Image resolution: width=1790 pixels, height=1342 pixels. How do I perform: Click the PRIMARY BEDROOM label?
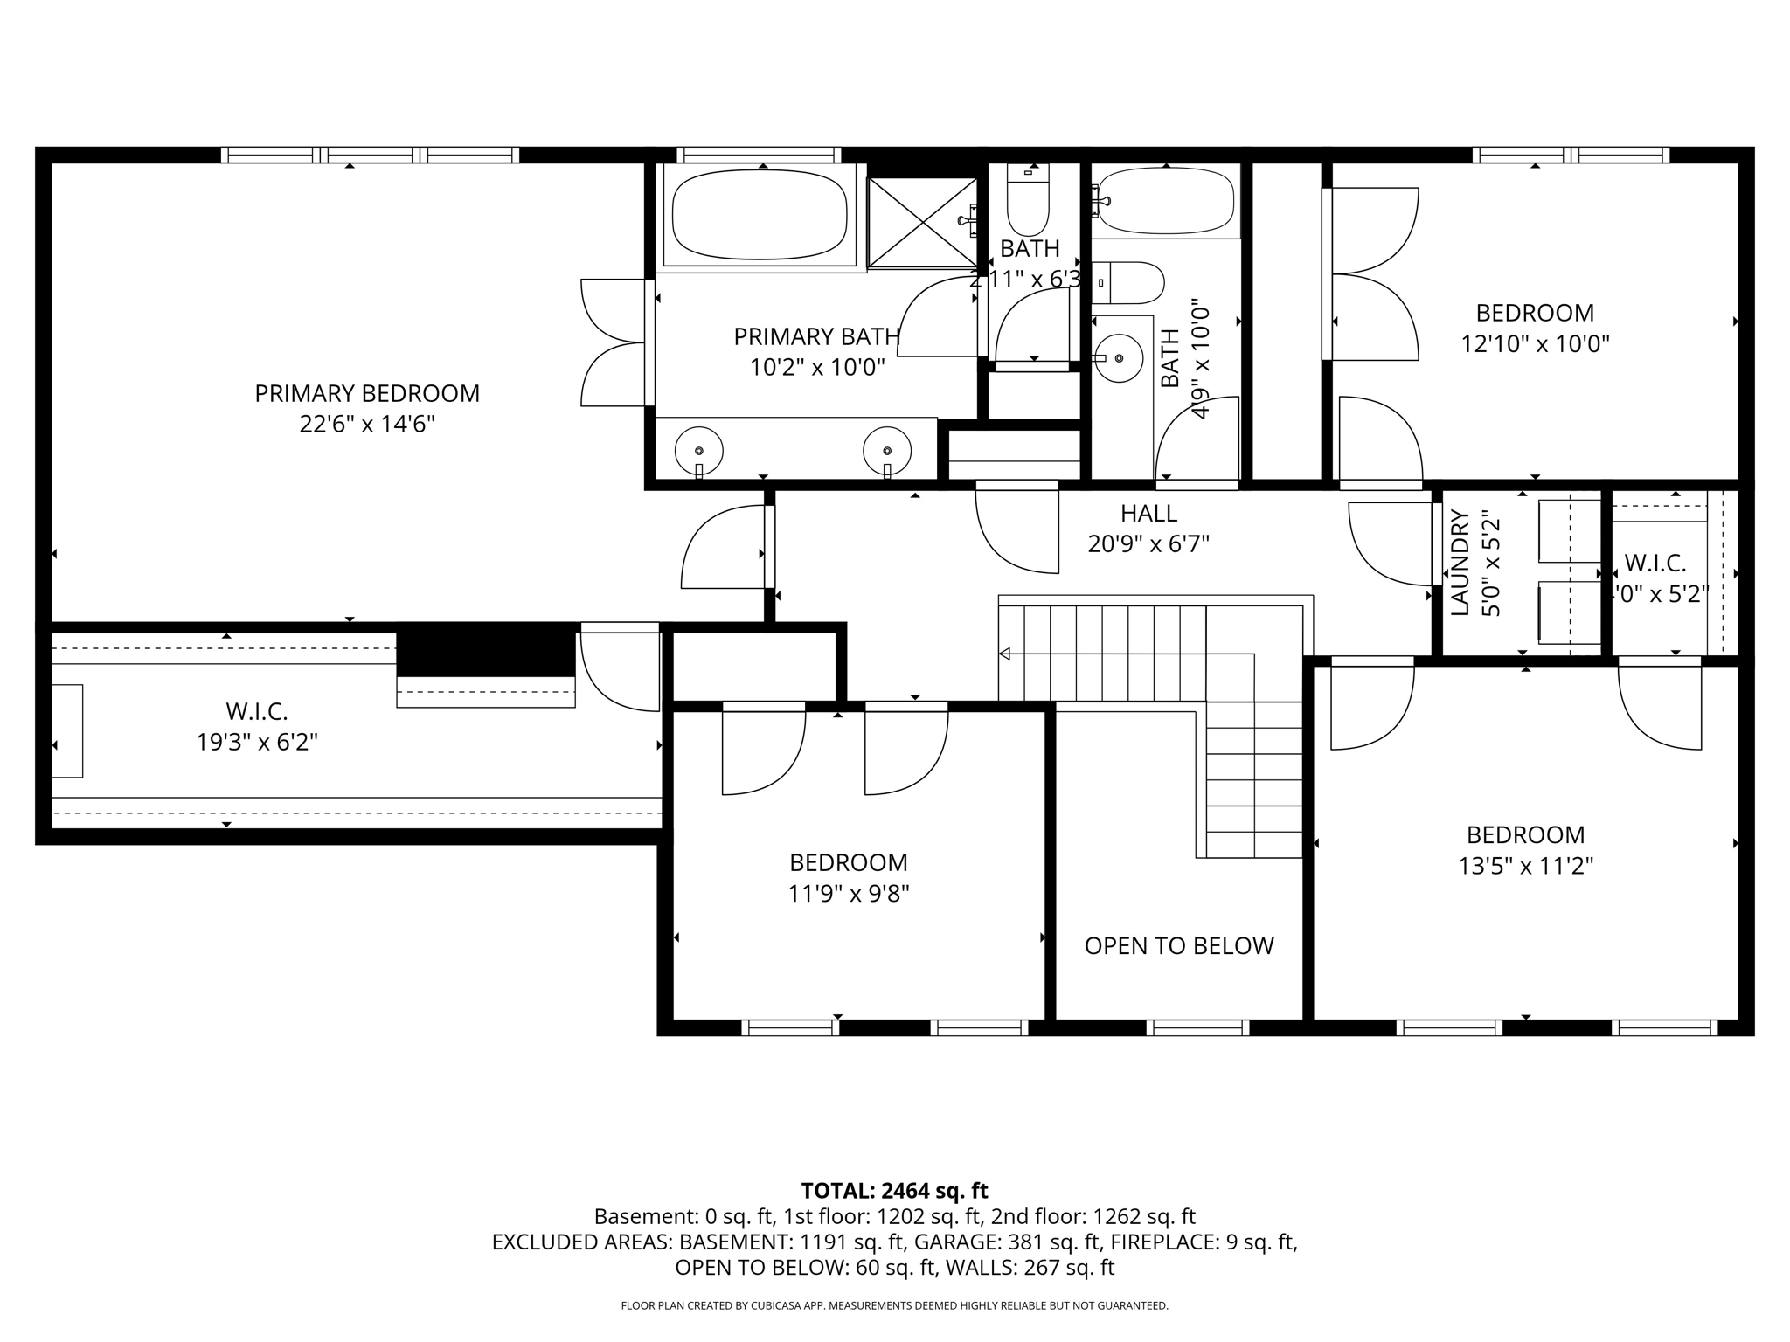367,393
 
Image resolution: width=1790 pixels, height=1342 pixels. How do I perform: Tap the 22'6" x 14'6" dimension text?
367,425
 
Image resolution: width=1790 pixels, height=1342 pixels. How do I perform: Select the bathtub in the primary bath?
759,215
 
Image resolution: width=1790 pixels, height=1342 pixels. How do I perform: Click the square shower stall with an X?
922,222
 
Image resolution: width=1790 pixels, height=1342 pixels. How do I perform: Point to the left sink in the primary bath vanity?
698,451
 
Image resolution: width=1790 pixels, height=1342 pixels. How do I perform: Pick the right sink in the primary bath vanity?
886,451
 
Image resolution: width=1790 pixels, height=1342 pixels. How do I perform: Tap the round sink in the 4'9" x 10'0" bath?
1119,357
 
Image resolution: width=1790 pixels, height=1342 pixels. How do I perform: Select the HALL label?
1148,514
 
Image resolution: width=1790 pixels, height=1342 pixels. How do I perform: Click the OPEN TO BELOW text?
1178,946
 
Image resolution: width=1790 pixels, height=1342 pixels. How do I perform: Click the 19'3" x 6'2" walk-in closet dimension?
257,743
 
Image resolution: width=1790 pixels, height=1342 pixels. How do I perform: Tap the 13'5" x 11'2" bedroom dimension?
1525,866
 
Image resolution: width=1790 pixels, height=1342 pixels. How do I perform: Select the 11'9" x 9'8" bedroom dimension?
849,894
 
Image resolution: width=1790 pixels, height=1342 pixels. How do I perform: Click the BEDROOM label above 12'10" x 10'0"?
1535,313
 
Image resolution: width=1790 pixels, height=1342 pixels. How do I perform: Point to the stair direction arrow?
1004,653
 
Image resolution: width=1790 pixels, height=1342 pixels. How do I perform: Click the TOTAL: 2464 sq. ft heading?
894,1191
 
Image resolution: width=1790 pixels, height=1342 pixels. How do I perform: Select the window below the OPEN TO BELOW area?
1197,1028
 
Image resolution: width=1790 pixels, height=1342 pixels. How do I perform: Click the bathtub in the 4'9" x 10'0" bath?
1166,201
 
